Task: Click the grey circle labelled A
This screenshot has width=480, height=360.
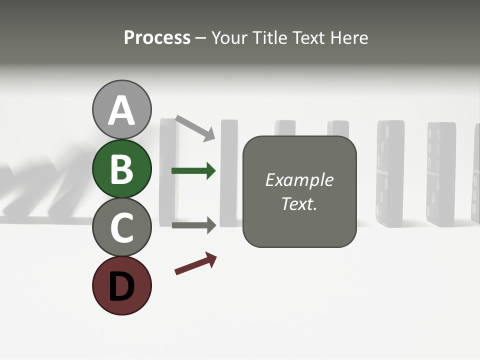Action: pyautogui.click(x=121, y=109)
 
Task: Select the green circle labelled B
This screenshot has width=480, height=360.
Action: pyautogui.click(x=121, y=168)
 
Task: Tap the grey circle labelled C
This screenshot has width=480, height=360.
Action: pyautogui.click(x=121, y=227)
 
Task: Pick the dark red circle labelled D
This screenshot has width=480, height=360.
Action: pyautogui.click(x=121, y=285)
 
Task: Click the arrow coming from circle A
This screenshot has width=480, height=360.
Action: pyautogui.click(x=195, y=127)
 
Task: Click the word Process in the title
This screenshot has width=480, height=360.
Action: pyautogui.click(x=157, y=38)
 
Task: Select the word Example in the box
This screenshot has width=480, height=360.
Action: pyautogui.click(x=299, y=180)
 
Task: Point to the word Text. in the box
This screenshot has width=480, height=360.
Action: pyautogui.click(x=299, y=203)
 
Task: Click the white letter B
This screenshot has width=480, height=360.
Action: pyautogui.click(x=121, y=168)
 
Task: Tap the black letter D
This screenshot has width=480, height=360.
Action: pyautogui.click(x=121, y=286)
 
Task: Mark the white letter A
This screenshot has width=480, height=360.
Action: pyautogui.click(x=121, y=110)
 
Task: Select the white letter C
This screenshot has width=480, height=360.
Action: pyautogui.click(x=121, y=227)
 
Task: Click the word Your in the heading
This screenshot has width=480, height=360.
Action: pyautogui.click(x=230, y=38)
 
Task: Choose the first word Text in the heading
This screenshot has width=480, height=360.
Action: pyautogui.click(x=307, y=38)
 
